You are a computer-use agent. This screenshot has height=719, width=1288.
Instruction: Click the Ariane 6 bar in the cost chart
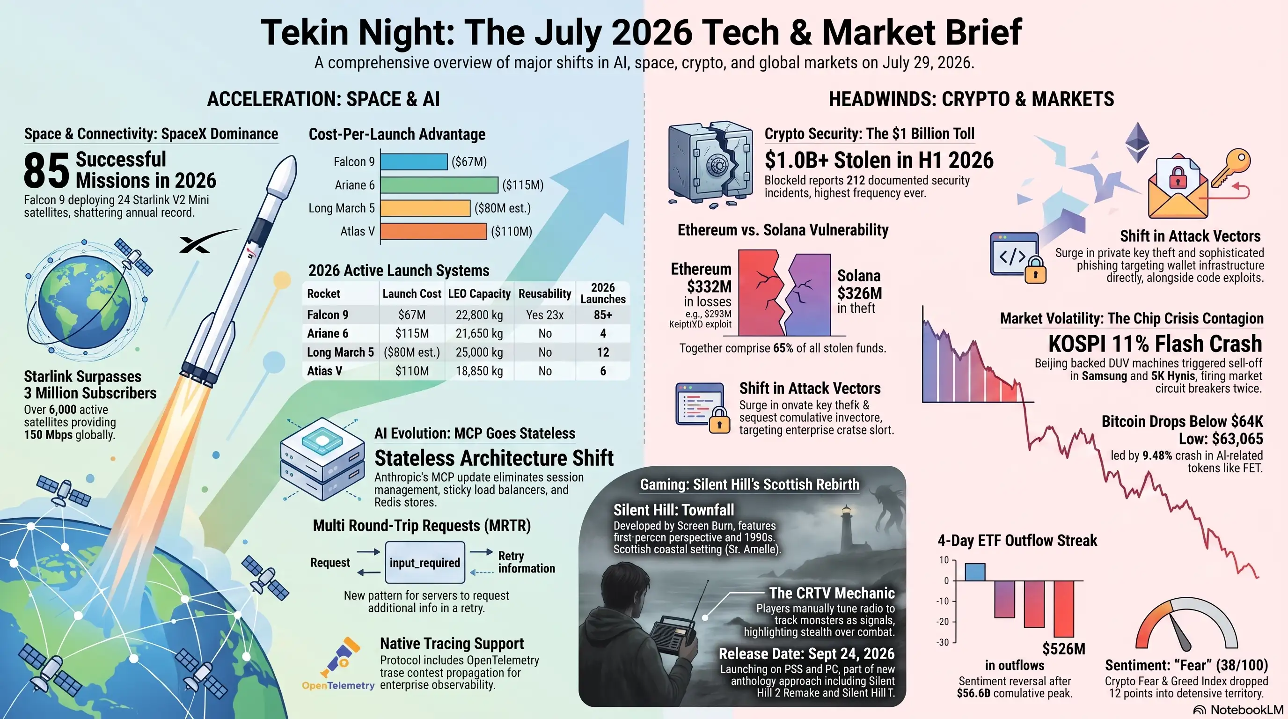pyautogui.click(x=439, y=185)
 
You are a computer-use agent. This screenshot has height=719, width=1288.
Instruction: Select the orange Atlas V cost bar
pyautogui.click(x=433, y=231)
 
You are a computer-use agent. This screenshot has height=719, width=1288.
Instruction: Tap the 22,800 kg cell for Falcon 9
pyautogui.click(x=479, y=315)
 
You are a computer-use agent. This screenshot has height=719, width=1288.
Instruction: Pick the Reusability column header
pyautogui.click(x=544, y=293)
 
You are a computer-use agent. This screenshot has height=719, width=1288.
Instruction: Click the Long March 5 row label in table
pyautogui.click(x=340, y=352)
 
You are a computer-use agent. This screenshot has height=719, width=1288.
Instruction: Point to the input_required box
pyautogui.click(x=425, y=563)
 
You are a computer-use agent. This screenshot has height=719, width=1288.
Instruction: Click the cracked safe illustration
pyautogui.click(x=710, y=162)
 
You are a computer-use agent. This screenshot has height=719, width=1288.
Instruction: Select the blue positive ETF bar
pyautogui.click(x=975, y=572)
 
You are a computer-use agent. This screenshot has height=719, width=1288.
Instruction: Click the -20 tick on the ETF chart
pyautogui.click(x=943, y=622)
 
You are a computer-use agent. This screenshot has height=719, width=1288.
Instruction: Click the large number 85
pyautogui.click(x=46, y=170)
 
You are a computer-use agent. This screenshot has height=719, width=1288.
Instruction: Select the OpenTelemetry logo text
pyautogui.click(x=338, y=685)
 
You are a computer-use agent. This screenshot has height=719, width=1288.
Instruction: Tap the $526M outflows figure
pyautogui.click(x=1063, y=649)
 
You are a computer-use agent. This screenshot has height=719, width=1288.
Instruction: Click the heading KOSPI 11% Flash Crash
pyautogui.click(x=1155, y=344)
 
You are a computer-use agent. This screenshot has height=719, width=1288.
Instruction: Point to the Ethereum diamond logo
pyautogui.click(x=1137, y=142)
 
